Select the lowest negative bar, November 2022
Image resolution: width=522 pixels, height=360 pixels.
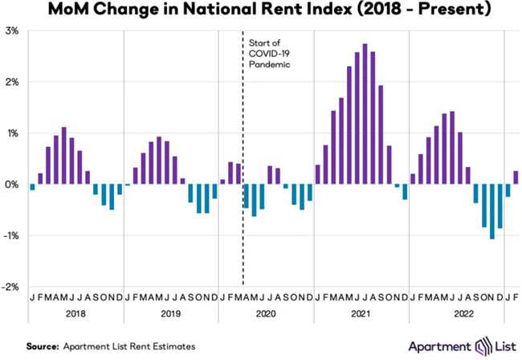(491, 211)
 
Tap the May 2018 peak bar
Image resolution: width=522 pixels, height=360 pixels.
(64, 156)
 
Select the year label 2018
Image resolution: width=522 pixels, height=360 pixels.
(75, 316)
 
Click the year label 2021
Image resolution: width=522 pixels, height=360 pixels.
(361, 316)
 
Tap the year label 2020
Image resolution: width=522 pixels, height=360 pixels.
(266, 316)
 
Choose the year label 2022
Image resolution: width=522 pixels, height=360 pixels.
(456, 316)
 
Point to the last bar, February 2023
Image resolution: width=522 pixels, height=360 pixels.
(516, 178)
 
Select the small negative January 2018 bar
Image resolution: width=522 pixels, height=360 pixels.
(32, 187)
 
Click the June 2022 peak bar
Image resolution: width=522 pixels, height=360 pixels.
(452, 148)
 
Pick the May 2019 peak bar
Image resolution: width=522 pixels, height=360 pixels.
(159, 161)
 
